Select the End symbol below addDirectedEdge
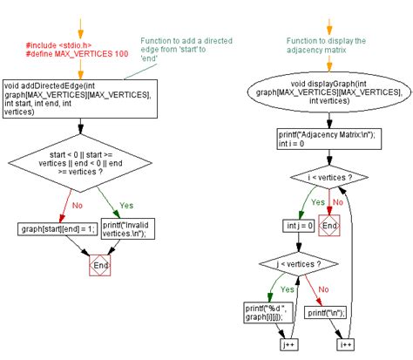(x=99, y=266)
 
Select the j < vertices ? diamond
(x=297, y=262)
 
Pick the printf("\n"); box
(x=324, y=312)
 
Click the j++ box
(x=288, y=345)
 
